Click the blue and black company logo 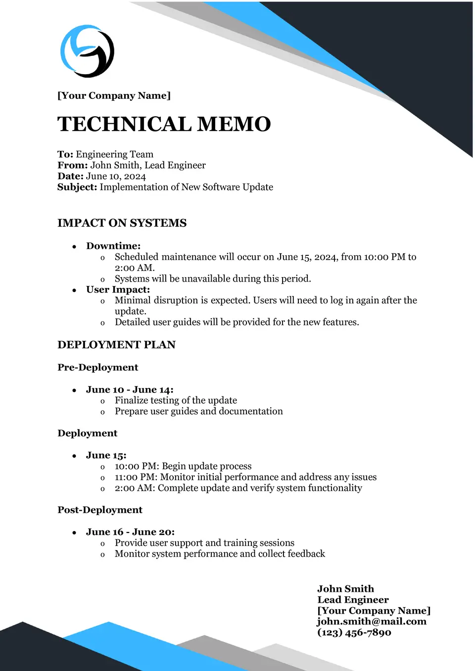(87, 51)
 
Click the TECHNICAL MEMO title (164, 124)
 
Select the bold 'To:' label (65, 154)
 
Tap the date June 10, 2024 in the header (116, 176)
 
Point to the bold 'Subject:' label (77, 187)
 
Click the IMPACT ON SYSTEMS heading (122, 223)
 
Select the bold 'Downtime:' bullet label (113, 246)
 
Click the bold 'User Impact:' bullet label (118, 289)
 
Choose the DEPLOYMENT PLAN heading (116, 345)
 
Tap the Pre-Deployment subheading (97, 367)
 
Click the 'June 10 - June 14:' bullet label (130, 389)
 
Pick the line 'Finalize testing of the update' (176, 400)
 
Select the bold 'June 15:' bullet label (106, 455)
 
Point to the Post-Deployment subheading (99, 510)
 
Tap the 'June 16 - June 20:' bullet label (130, 532)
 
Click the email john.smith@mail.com (372, 622)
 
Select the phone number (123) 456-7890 (354, 632)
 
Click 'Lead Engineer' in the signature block (353, 600)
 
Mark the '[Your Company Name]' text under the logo (114, 96)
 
